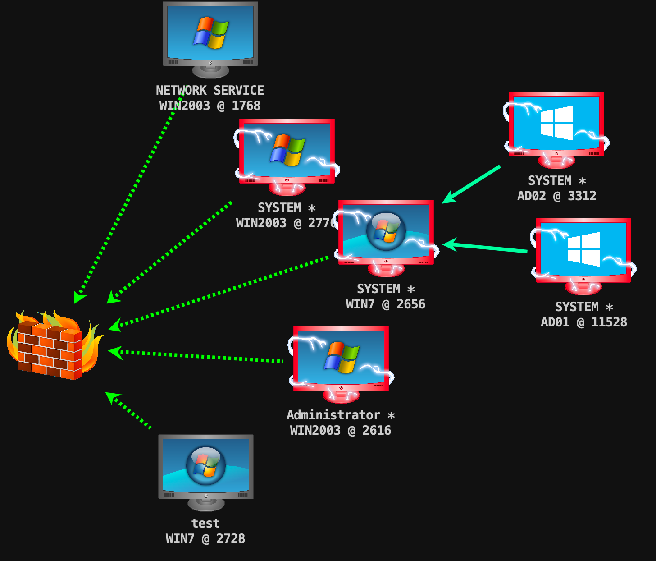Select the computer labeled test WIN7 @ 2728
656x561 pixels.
pos(206,469)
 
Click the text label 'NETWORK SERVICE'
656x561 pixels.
pos(210,91)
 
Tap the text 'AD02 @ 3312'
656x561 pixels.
pos(557,196)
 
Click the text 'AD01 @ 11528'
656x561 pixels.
pos(584,322)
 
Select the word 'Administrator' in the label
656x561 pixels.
pos(333,415)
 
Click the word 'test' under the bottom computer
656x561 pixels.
pos(205,523)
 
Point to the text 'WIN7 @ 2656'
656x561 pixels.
pos(386,304)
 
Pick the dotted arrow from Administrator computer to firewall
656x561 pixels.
pos(198,356)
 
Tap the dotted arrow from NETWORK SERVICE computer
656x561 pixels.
pos(131,194)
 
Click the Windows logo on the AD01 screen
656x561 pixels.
pos(584,248)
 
